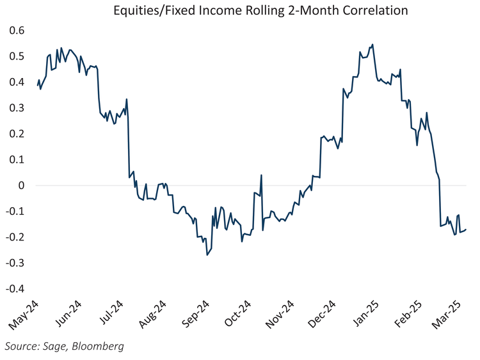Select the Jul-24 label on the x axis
pos(113,315)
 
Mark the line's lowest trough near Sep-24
pos(207,255)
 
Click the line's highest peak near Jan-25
pos(372,45)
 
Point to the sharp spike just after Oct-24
pos(262,175)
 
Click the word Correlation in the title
pos(376,10)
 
